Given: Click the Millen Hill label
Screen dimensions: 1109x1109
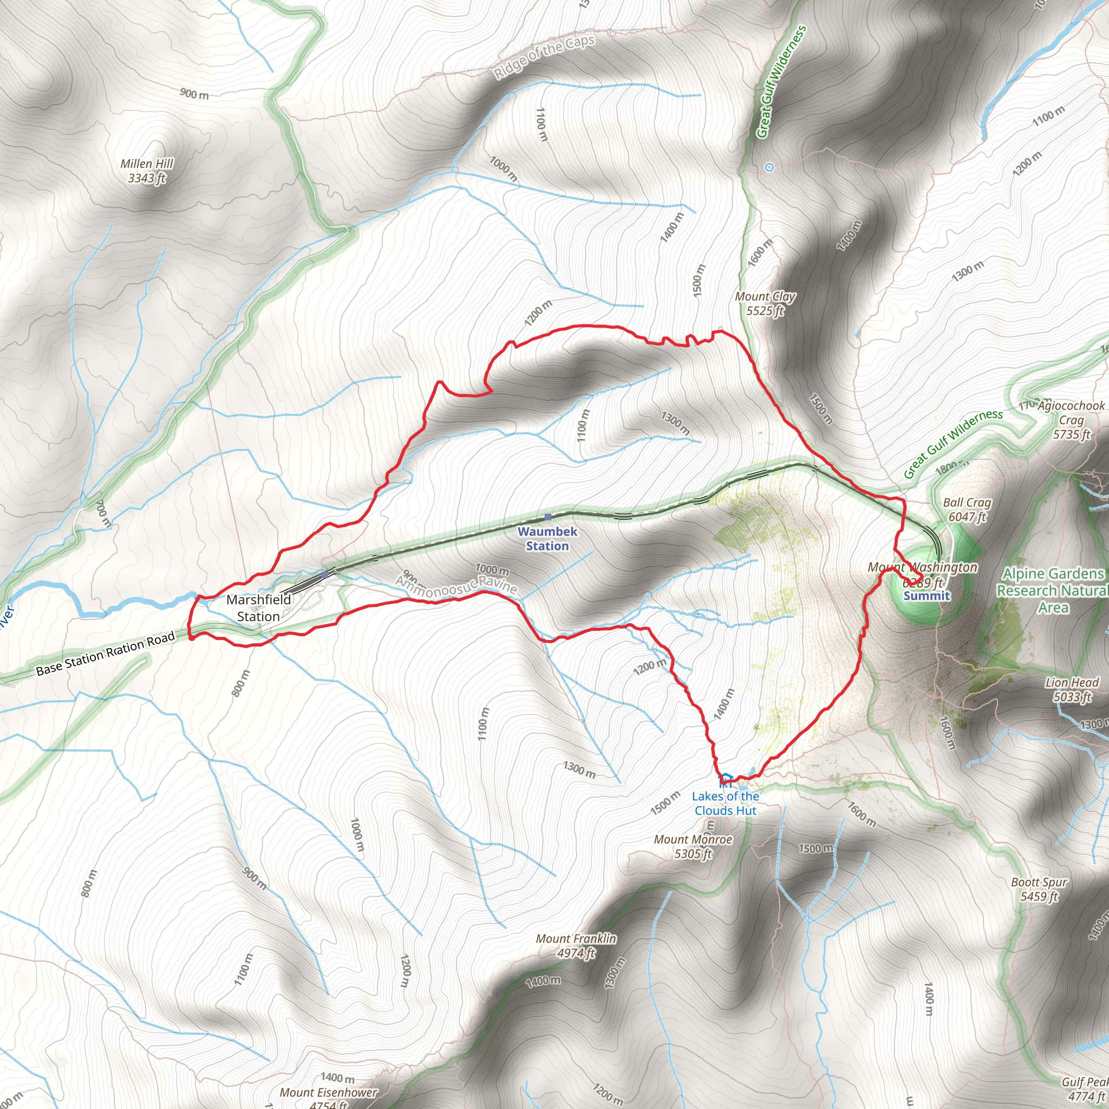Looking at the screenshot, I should tap(146, 171).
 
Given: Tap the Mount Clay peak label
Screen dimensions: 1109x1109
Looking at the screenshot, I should tap(765, 304).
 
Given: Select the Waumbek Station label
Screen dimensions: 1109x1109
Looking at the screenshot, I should tap(547, 538).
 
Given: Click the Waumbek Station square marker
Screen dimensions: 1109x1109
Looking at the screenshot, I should tap(547, 517).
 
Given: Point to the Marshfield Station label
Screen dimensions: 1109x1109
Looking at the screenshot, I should tap(258, 608).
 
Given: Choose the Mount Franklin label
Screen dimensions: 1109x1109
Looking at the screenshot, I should tap(576, 946).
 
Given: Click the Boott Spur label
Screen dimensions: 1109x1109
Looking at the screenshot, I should tap(1039, 889).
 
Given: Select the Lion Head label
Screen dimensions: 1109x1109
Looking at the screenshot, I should tap(1071, 689).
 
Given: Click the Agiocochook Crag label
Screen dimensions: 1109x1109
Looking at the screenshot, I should tap(1071, 420).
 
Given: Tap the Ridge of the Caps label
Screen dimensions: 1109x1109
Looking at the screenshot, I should tap(544, 57).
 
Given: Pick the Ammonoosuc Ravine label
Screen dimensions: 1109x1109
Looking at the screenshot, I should tap(456, 585).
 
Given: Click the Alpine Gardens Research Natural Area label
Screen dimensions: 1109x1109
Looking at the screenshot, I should tap(1053, 591).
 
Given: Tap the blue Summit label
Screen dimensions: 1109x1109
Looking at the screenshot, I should tap(927, 596).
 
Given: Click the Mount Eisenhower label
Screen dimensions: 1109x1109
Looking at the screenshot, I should tap(328, 1098).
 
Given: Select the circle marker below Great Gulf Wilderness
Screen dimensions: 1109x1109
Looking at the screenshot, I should tap(769, 168).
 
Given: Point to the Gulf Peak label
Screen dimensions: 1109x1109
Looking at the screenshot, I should tap(1084, 1089).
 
